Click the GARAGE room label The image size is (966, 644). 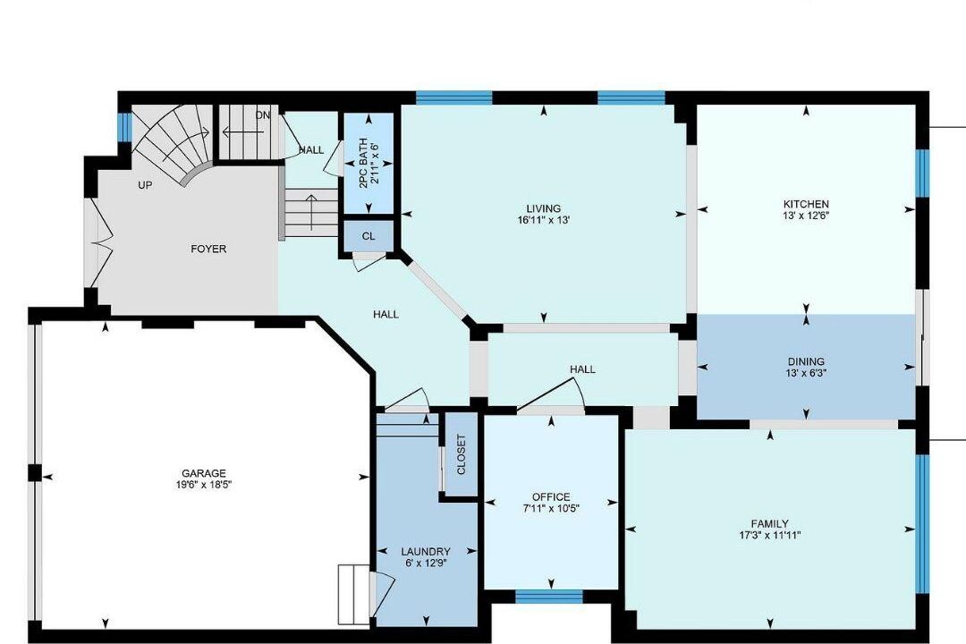(x=203, y=473)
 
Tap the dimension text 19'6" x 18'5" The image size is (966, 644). (x=203, y=485)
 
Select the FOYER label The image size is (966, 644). (x=208, y=249)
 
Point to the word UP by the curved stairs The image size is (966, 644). (x=145, y=185)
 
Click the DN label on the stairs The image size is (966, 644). (x=263, y=115)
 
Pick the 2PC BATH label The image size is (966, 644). (x=363, y=163)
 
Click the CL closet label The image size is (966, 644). (x=369, y=236)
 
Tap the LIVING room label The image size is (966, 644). (x=544, y=208)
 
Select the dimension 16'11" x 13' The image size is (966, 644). (x=544, y=219)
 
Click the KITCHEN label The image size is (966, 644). (x=806, y=204)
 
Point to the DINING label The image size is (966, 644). (x=806, y=361)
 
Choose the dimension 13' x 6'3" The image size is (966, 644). (x=806, y=373)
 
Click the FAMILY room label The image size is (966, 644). (x=769, y=524)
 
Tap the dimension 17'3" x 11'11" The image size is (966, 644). (x=769, y=535)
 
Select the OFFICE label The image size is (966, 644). (x=551, y=496)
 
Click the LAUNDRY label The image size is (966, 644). (x=426, y=552)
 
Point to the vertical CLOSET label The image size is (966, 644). (x=462, y=454)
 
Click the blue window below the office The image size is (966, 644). (x=549, y=596)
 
